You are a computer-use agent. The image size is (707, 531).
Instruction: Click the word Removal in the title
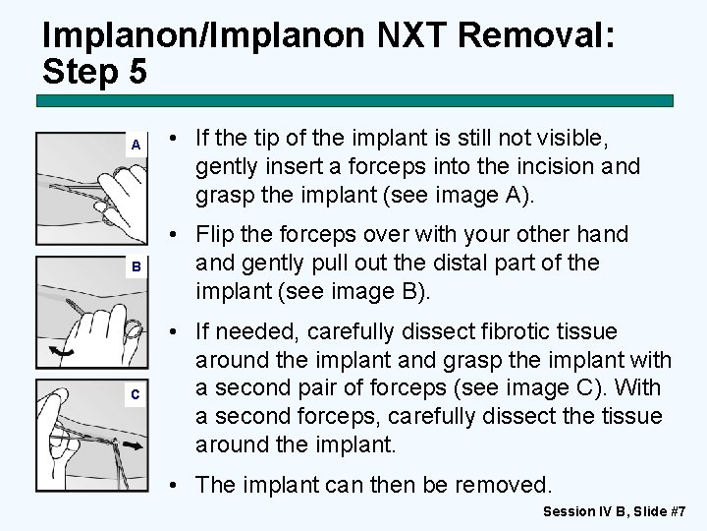tap(536, 36)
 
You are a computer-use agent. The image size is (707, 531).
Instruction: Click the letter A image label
tap(136, 145)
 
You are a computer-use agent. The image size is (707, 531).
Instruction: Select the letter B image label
tap(136, 266)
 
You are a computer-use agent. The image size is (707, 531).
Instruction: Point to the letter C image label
tap(136, 394)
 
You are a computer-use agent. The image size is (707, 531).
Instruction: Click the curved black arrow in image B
tap(63, 351)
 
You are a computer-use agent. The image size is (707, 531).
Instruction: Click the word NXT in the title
tap(405, 36)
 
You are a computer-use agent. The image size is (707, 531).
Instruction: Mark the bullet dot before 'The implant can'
tap(173, 484)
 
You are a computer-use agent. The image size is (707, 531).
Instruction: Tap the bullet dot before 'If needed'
tap(173, 332)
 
